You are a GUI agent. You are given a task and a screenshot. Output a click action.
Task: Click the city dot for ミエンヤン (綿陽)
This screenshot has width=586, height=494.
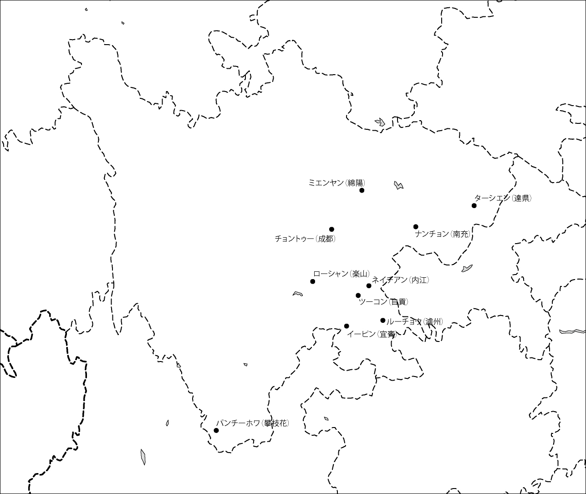[362, 190]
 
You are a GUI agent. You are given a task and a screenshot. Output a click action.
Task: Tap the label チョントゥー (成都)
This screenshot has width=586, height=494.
[305, 239]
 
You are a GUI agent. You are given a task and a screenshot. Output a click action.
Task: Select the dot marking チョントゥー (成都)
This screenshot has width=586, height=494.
[331, 229]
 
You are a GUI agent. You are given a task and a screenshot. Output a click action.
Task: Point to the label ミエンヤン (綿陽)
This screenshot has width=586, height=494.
[336, 183]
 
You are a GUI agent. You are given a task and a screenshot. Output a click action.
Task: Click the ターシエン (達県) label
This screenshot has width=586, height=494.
[503, 198]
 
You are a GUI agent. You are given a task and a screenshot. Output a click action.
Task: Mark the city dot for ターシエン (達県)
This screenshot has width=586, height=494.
[474, 206]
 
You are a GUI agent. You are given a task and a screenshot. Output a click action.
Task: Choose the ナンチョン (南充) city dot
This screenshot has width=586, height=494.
[416, 227]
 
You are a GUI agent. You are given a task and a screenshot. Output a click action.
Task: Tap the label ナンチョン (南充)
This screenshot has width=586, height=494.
[443, 234]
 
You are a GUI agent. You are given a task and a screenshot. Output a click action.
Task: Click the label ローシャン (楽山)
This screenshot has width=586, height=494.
[341, 274]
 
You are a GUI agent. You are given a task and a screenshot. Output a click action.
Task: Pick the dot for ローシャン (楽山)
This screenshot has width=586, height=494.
[313, 281]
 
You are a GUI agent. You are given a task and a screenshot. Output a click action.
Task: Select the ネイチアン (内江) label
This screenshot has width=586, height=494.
[400, 280]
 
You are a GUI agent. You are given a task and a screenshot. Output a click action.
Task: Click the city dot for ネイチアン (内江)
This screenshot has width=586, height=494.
[369, 286]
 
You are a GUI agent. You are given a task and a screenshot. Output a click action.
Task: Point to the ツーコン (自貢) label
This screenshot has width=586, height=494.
[383, 301]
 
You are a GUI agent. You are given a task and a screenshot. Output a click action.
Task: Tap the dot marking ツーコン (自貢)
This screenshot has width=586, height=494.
[358, 295]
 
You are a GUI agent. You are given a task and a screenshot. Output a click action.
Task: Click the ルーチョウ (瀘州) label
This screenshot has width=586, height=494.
[414, 322]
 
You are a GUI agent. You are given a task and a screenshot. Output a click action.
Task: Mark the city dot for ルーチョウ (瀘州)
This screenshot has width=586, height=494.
[383, 321]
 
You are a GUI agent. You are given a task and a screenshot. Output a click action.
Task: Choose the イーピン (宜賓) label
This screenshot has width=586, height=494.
[372, 334]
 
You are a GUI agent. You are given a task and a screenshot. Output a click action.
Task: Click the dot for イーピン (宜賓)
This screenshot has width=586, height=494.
[347, 326]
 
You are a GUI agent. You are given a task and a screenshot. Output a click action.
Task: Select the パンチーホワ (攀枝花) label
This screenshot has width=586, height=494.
[252, 423]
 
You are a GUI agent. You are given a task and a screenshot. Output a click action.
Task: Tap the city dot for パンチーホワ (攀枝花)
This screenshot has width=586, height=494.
[216, 430]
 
